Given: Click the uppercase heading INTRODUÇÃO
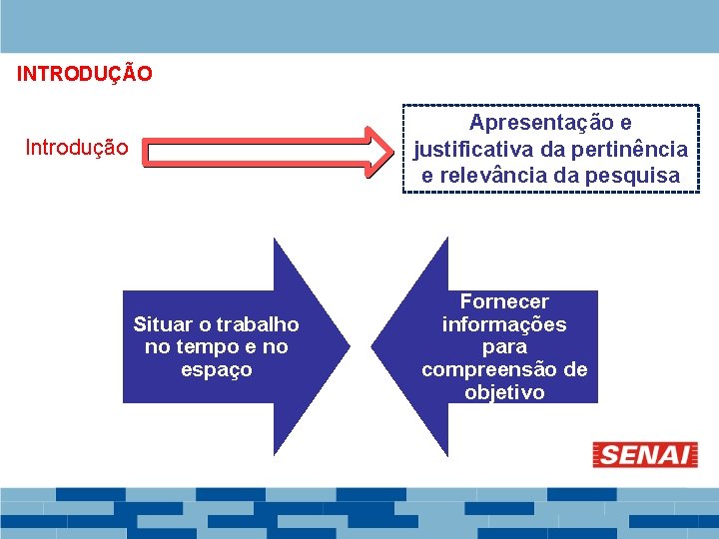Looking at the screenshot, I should (85, 74).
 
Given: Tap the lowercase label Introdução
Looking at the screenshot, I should (77, 149).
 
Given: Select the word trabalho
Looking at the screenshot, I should (257, 324).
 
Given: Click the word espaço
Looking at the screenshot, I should (216, 370).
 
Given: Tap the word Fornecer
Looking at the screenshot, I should (504, 301).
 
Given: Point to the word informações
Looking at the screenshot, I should (504, 324).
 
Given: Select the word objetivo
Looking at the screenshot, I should (504, 393).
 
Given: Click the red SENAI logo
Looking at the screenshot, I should (645, 455).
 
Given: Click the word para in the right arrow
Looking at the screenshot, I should (504, 347).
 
